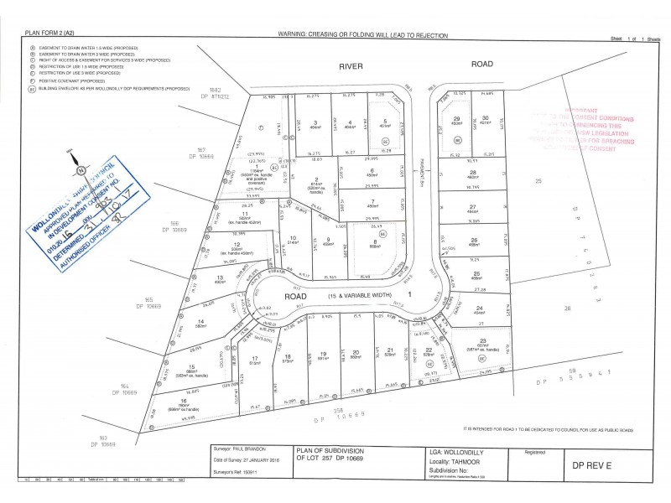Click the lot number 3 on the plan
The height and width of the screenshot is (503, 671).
click(315, 123)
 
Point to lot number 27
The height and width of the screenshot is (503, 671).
click(474, 206)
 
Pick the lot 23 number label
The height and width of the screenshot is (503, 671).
click(484, 340)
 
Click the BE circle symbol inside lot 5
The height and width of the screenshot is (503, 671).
click(386, 142)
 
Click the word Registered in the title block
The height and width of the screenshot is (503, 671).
click(536, 450)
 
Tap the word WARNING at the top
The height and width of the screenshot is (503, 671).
click(297, 33)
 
